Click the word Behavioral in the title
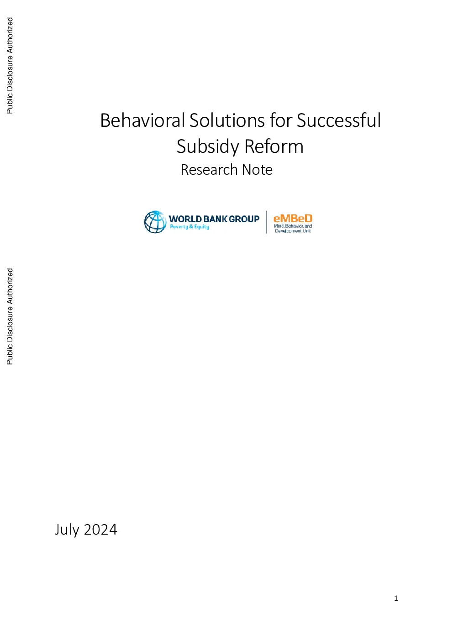click(142, 120)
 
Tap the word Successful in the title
click(338, 120)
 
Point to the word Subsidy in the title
click(208, 146)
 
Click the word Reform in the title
click(274, 146)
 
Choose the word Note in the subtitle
click(257, 170)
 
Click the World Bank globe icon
click(155, 222)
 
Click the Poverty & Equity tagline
click(190, 227)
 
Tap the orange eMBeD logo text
click(293, 219)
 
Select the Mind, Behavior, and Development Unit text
click(293, 228)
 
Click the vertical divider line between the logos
click(267, 222)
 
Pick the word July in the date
click(67, 530)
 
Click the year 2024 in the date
click(100, 530)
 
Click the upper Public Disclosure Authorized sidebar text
click(10, 65)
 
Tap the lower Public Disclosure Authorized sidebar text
click(10, 316)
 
